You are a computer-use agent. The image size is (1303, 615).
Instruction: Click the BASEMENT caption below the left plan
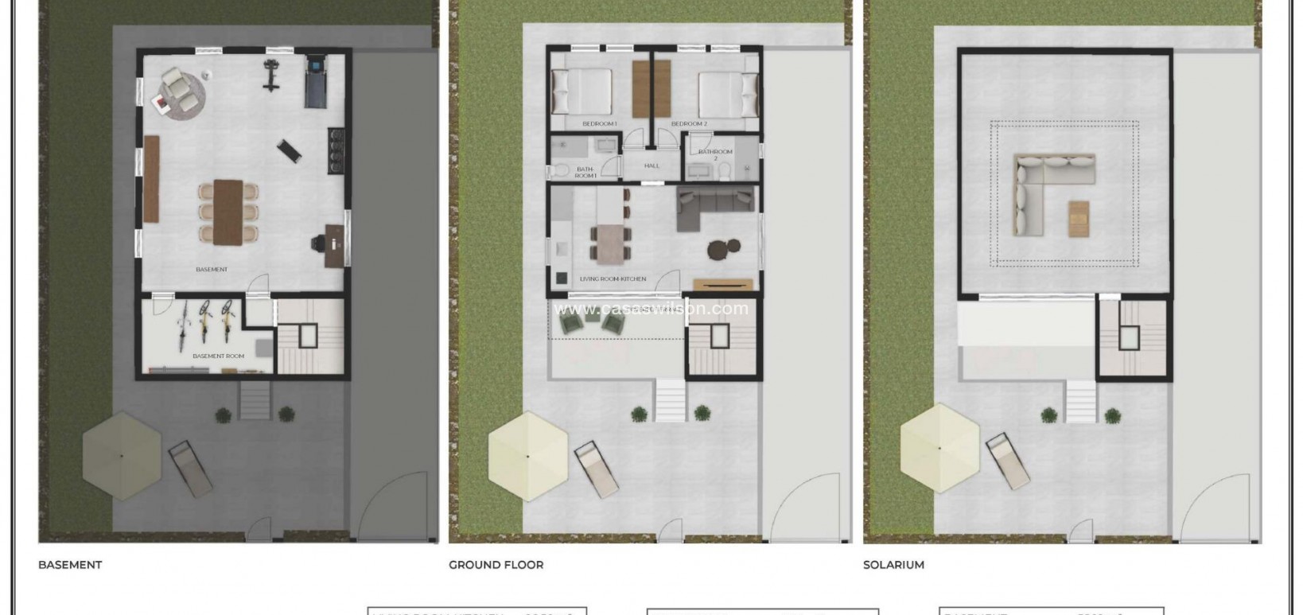coord(70,565)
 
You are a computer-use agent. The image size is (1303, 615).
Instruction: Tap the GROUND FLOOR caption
coord(496,565)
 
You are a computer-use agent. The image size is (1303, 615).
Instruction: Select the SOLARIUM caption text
coord(893,565)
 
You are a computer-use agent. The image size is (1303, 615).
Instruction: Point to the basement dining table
coord(228,211)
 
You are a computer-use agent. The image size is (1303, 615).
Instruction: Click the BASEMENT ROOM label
coord(218,356)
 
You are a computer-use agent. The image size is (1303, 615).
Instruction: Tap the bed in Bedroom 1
coord(583,91)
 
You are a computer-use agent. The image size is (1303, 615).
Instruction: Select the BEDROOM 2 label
coord(689,124)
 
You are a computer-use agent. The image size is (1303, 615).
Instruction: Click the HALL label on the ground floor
coord(652,165)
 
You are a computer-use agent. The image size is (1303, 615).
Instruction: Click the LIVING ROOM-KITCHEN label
coord(613,279)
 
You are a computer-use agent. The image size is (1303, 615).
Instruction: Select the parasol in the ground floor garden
coord(527,456)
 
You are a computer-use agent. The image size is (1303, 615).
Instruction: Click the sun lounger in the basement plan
coord(190,469)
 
